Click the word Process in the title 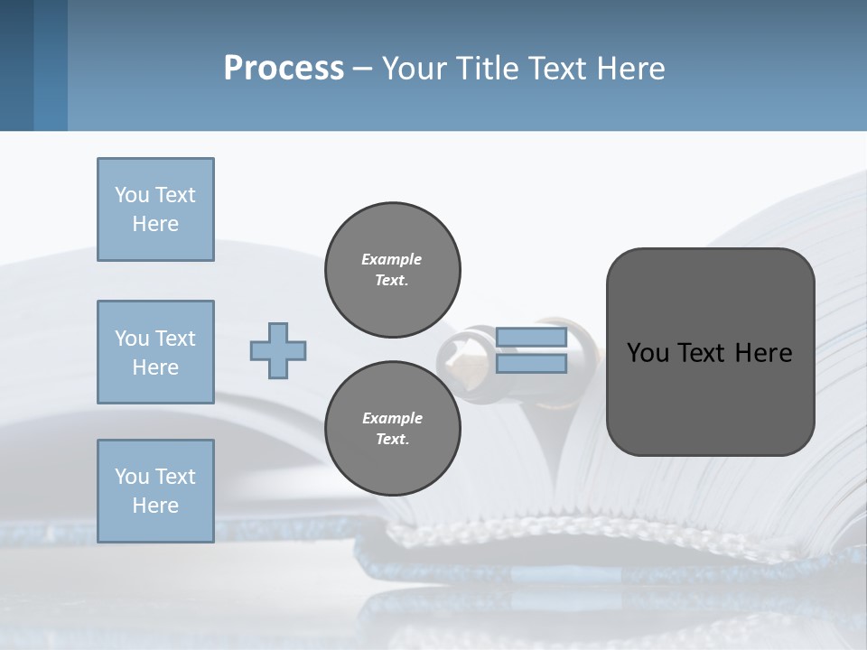[284, 69]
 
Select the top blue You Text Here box [155, 209]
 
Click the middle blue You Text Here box [155, 352]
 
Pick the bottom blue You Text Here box [155, 491]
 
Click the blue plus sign [277, 350]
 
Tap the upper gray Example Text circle [392, 269]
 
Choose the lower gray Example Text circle [392, 428]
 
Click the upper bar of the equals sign [531, 338]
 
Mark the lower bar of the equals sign [531, 364]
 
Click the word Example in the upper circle [392, 259]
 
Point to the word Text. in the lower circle [392, 439]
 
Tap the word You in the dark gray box [647, 353]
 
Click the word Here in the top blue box [155, 224]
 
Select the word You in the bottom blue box [131, 477]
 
